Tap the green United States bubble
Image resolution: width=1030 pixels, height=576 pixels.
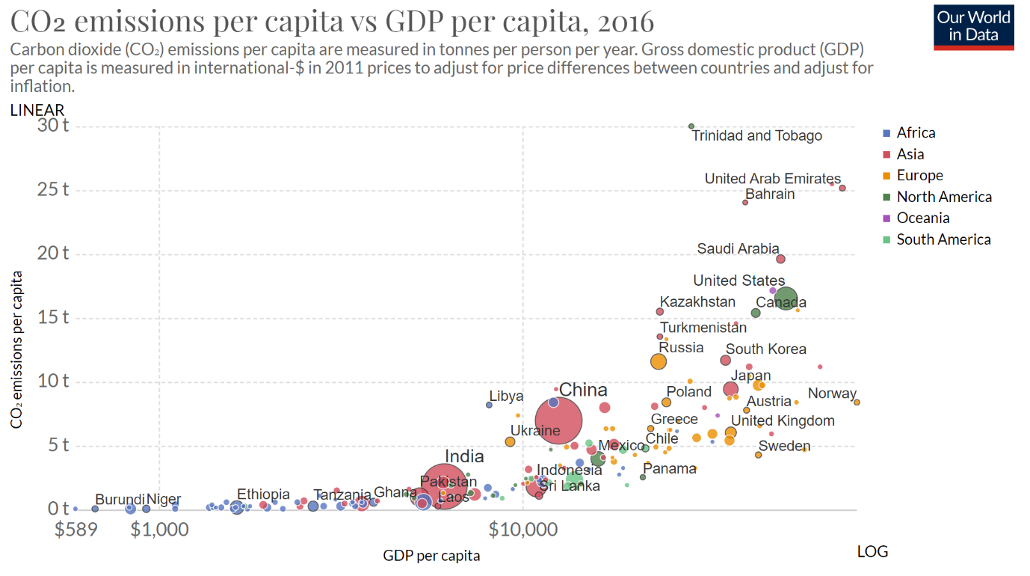[785, 299]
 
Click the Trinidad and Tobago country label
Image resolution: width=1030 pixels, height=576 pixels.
[756, 136]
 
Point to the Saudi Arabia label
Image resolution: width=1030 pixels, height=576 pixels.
[738, 249]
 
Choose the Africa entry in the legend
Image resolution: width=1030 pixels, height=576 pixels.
[916, 133]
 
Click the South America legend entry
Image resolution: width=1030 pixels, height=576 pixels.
[943, 240]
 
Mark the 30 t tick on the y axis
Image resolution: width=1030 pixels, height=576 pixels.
[54, 125]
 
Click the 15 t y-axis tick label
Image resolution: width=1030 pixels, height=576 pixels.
[54, 317]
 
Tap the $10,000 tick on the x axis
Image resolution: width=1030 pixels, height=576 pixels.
[523, 530]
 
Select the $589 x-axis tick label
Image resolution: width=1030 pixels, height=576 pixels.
[76, 530]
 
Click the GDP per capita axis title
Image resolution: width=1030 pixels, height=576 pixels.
[431, 556]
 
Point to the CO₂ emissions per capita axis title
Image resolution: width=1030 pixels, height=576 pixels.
[16, 349]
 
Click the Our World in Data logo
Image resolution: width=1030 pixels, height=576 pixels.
[973, 27]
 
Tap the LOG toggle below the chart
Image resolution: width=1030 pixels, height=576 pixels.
[872, 552]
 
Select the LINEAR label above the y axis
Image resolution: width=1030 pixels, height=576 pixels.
[37, 110]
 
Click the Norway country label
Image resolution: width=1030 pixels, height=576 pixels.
[831, 393]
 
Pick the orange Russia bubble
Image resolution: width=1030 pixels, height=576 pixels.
[659, 361]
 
